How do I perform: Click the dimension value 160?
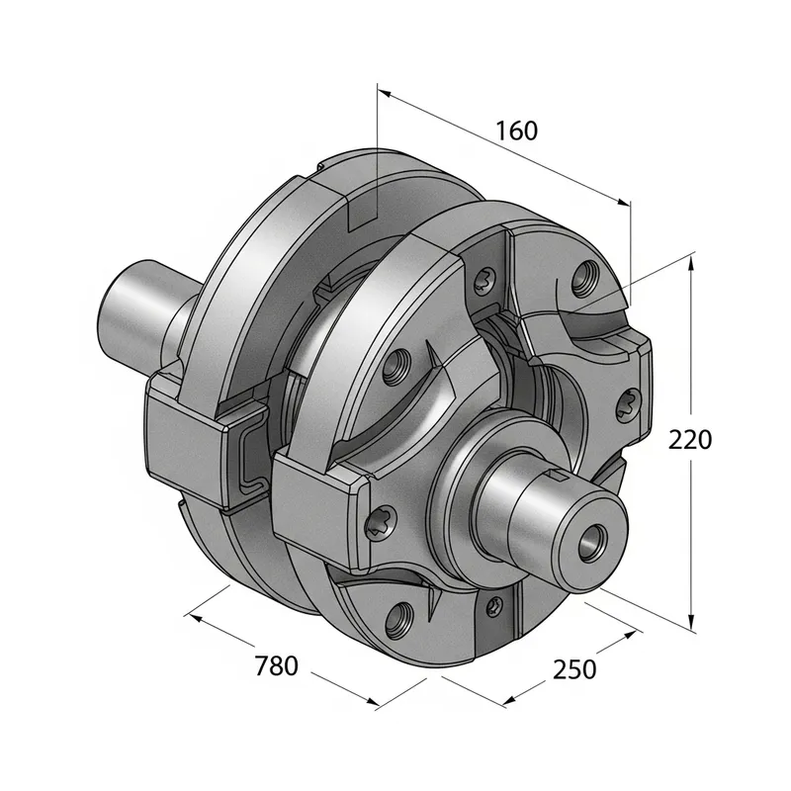pyautogui.click(x=516, y=131)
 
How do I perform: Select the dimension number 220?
pyautogui.click(x=689, y=439)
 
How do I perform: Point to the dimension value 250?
pyautogui.click(x=573, y=669)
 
